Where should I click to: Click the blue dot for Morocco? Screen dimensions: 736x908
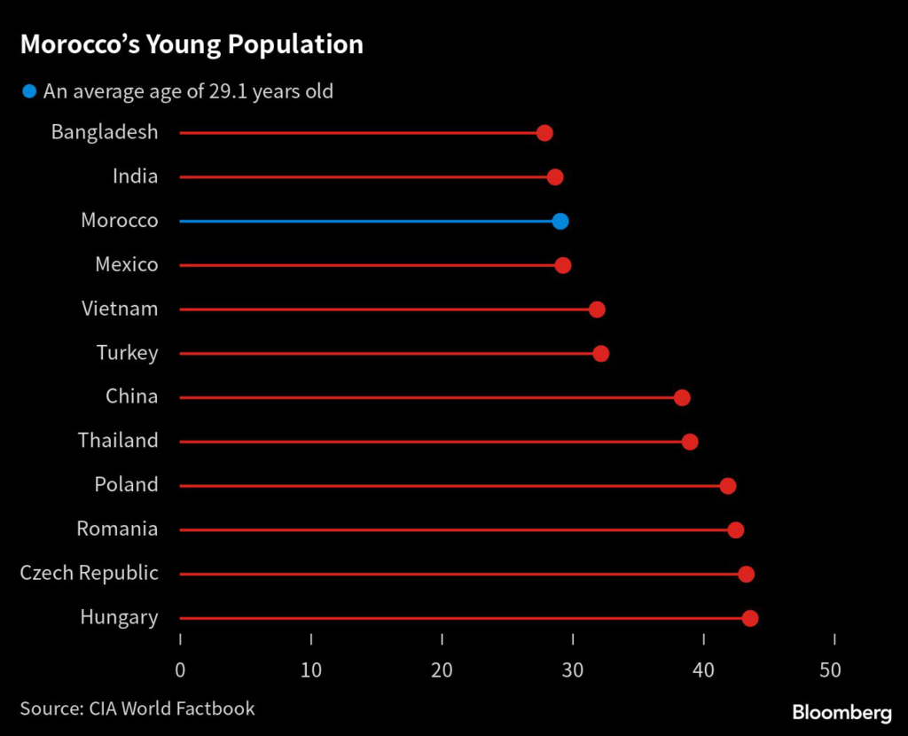click(560, 221)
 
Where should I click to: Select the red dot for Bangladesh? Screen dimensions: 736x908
click(544, 133)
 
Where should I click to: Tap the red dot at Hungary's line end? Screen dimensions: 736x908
click(749, 618)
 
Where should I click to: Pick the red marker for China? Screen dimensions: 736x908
click(681, 397)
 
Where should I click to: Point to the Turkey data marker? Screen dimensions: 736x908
click(600, 354)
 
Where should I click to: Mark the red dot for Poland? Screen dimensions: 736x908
click(728, 486)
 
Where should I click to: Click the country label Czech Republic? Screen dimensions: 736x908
click(89, 573)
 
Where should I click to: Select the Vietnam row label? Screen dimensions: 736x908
click(120, 309)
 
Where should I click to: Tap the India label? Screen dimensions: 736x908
click(135, 176)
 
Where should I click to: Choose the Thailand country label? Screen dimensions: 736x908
click(118, 441)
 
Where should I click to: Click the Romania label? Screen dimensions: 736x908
click(117, 529)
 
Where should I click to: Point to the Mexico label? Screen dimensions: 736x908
click(127, 264)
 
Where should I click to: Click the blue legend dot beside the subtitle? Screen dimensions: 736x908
click(29, 91)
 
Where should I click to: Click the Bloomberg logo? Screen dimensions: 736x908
click(841, 712)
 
